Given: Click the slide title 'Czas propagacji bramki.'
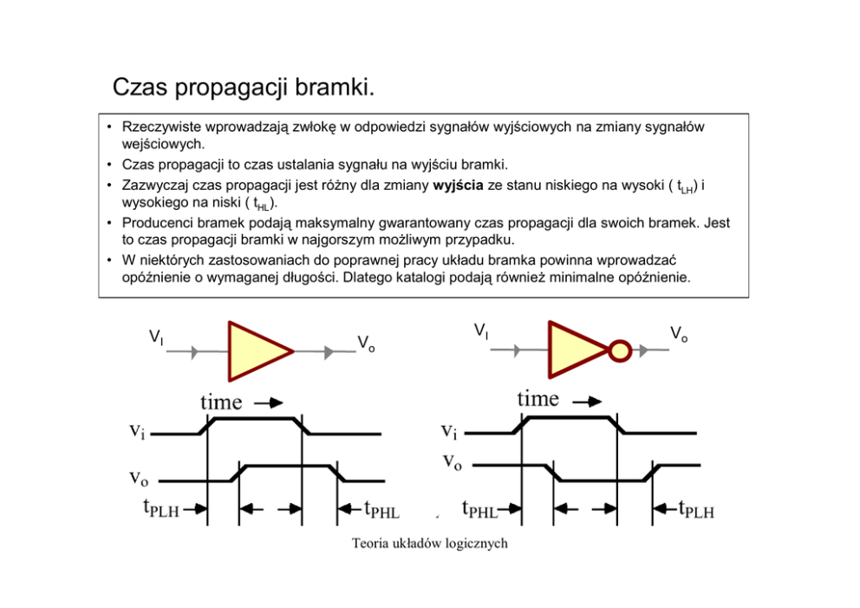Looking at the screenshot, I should pyautogui.click(x=243, y=88).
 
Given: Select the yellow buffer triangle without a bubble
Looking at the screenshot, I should pyautogui.click(x=256, y=351).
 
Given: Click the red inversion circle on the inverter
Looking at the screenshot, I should pyautogui.click(x=620, y=350).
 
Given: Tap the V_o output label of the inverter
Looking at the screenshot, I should pyautogui.click(x=679, y=334).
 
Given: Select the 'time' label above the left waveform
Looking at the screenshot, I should pyautogui.click(x=221, y=402).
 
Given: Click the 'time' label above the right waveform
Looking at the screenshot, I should pyautogui.click(x=537, y=398).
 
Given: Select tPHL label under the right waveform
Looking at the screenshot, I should pyautogui.click(x=479, y=510).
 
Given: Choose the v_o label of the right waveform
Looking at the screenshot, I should pyautogui.click(x=452, y=461).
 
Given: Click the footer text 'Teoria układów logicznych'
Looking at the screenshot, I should pyautogui.click(x=429, y=544).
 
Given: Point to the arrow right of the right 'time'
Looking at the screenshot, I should pyautogui.click(x=587, y=402).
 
